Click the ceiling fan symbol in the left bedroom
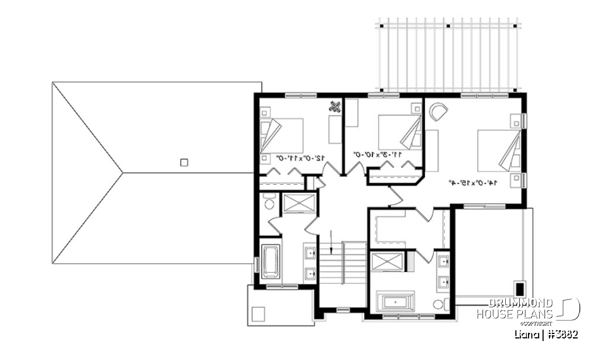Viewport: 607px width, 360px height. tap(334, 107)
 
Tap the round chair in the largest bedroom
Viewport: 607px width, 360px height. tap(438, 113)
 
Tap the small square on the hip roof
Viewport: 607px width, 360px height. tap(183, 162)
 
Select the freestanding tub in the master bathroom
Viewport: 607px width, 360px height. tap(396, 301)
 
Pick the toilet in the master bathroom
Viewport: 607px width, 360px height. tap(438, 304)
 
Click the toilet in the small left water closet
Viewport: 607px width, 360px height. tap(267, 202)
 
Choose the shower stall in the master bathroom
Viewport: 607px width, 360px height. tap(384, 261)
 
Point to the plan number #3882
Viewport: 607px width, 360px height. tap(563, 333)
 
